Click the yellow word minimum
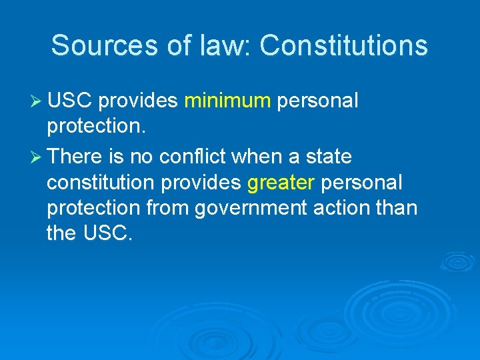tap(227, 101)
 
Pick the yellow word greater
tap(280, 183)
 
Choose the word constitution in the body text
tap(100, 183)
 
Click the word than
tap(399, 208)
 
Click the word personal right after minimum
tap(317, 101)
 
